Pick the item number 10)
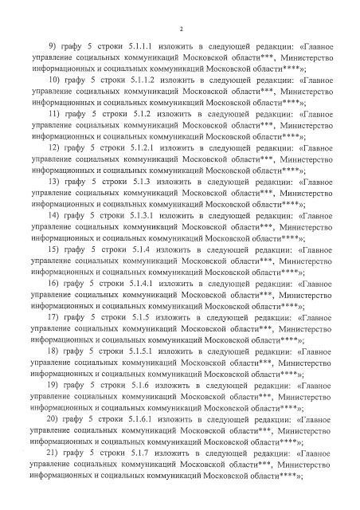tap(55, 104)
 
